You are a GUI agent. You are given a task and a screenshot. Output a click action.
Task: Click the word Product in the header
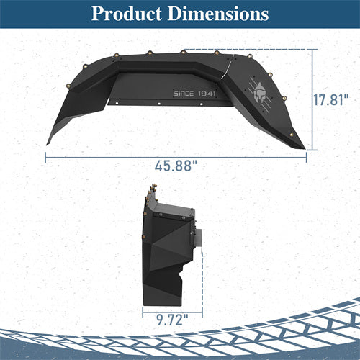coord(128,14)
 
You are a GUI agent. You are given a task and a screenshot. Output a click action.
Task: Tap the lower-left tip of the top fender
coord(49,142)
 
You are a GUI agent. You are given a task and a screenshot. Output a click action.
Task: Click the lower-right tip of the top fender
coord(303,146)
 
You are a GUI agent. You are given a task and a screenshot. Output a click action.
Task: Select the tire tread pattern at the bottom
coord(180,338)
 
